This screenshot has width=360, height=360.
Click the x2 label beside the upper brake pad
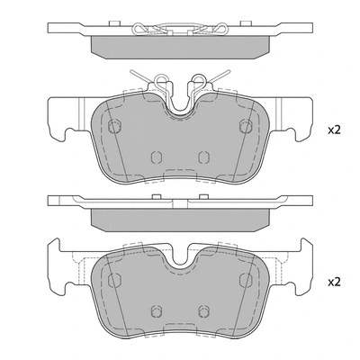(334, 130)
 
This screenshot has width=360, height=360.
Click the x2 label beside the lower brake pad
(334, 282)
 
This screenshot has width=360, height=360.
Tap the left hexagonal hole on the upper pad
(113, 125)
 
